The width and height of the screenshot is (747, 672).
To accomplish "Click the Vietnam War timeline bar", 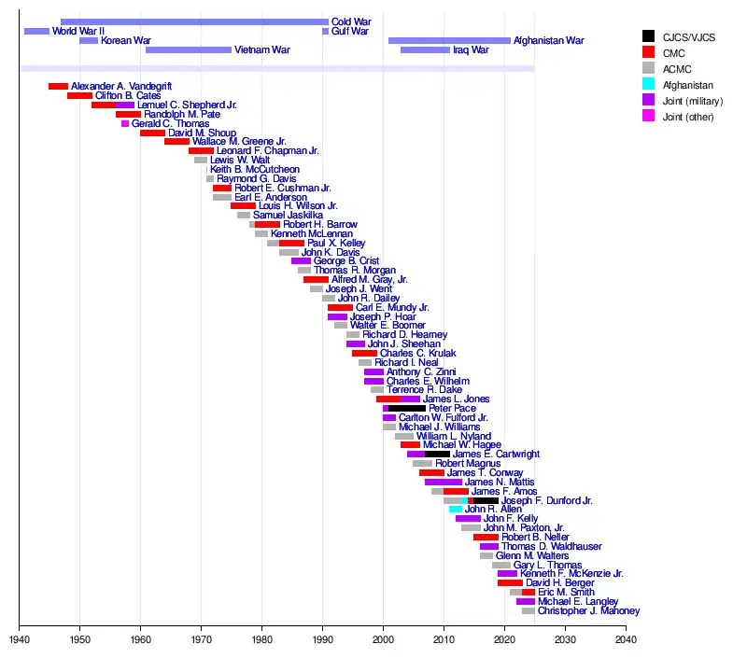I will pos(189,50).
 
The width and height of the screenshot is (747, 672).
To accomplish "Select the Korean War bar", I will pos(89,41).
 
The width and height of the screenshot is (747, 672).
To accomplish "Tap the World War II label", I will pos(78,32).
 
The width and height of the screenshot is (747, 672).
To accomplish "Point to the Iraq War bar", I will pos(425,50).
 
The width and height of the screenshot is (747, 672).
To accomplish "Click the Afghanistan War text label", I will pos(549,41).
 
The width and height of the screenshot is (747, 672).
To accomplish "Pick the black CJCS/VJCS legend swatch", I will pos(647,36).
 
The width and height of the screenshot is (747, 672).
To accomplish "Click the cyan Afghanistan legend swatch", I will pos(647,85).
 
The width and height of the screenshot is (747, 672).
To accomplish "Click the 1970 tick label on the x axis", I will pos(201,641).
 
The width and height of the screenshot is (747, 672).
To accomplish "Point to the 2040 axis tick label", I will pos(626,641).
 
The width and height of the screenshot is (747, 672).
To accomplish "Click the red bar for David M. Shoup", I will pos(152,133).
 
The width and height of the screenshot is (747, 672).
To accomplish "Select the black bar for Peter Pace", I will pos(407,409).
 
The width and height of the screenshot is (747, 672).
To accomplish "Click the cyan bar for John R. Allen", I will pos(456,510).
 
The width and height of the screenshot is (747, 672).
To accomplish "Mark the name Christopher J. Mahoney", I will pos(588,611).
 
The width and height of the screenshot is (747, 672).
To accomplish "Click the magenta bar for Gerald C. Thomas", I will pos(125,124).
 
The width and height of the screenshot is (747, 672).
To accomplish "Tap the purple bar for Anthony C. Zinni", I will pos(373,372).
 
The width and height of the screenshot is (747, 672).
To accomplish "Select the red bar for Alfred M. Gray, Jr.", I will pos(316,279).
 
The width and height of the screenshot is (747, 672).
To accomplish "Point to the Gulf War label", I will pos(350,32).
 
